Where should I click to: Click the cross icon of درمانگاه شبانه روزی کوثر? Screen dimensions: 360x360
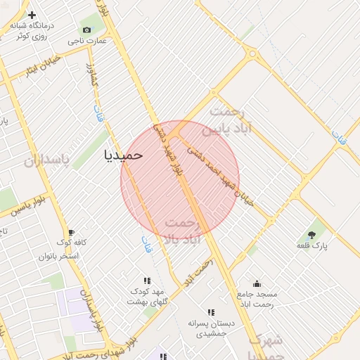tap(32, 14)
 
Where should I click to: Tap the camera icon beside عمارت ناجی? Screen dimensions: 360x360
tap(86, 30)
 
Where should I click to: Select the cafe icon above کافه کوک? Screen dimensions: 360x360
tap(70, 233)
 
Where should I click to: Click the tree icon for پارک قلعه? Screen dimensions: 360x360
tap(311, 234)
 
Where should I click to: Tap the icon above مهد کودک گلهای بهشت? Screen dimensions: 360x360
tap(147, 281)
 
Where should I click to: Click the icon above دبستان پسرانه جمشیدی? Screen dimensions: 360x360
tap(210, 312)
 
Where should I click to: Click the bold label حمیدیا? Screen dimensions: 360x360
tap(123, 154)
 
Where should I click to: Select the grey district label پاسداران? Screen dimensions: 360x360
tap(48, 161)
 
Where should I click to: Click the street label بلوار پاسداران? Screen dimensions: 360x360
tap(93, 310)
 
